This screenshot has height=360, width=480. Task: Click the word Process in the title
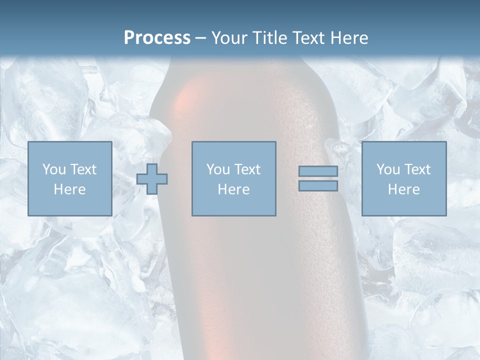(x=157, y=38)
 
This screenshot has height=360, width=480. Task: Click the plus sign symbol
(x=152, y=179)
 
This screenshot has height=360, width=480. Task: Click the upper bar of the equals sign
(x=318, y=171)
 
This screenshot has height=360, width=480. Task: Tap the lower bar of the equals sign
(x=318, y=186)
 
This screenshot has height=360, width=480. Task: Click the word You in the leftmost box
(x=53, y=169)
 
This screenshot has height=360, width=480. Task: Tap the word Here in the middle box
(x=234, y=189)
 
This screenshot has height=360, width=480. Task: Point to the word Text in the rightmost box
(x=417, y=169)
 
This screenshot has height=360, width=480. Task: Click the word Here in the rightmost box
(x=404, y=189)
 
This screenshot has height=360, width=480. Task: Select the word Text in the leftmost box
(x=83, y=169)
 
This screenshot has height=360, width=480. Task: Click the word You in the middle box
(x=217, y=169)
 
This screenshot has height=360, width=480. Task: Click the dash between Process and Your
(x=201, y=38)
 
